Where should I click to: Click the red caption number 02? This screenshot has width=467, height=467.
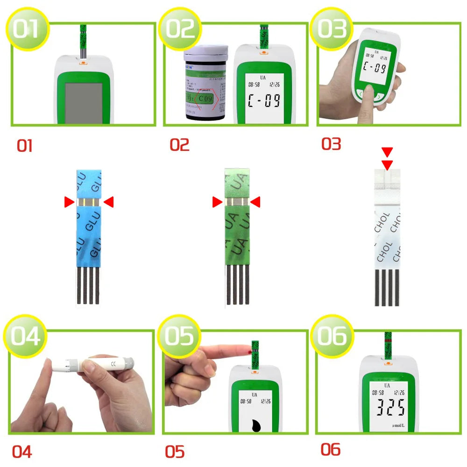point(179,145)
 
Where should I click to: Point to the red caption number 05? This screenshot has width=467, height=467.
point(175,452)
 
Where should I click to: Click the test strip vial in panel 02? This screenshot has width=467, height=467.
point(205,84)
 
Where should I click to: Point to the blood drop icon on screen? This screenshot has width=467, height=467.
point(255,426)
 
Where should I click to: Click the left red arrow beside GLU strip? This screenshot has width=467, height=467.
point(69,202)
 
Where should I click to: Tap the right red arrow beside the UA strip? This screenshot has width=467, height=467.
point(255,202)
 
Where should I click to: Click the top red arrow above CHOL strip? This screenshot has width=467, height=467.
point(387,152)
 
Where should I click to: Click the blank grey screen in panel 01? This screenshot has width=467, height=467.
point(84,103)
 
